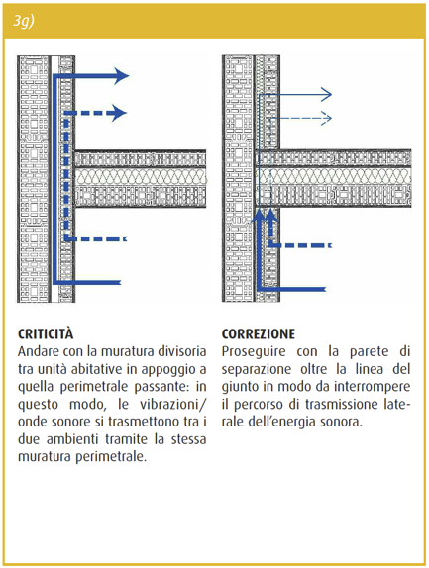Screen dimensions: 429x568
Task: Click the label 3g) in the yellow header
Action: tap(23, 22)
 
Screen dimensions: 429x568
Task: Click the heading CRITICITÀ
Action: tap(46, 334)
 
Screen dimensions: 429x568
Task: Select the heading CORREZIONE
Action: tap(259, 334)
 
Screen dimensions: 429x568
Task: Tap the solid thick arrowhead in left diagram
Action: tap(122, 76)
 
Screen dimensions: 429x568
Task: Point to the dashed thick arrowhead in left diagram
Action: tap(119, 113)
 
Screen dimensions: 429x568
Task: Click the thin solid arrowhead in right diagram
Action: tap(326, 95)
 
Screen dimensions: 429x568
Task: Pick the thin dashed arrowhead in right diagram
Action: tap(326, 118)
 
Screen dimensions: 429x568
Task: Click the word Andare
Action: tap(39, 351)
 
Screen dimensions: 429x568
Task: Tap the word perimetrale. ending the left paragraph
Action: tap(111, 457)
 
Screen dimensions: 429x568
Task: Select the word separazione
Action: tap(257, 369)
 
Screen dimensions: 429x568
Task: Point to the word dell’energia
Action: tap(281, 422)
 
